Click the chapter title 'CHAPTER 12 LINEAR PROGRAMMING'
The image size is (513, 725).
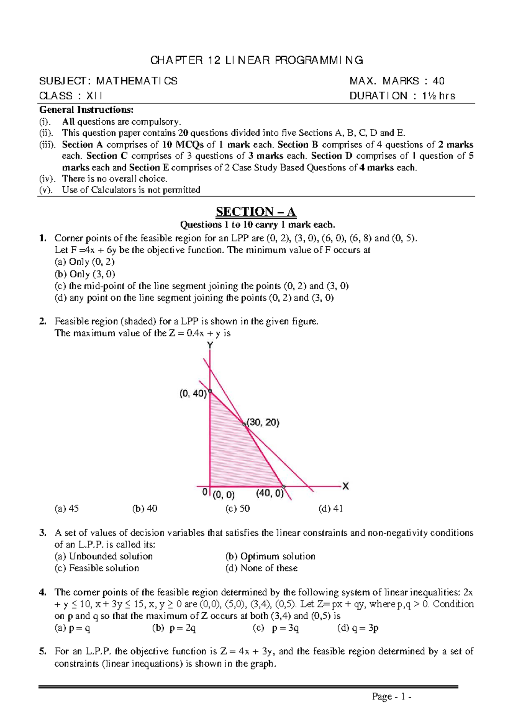click(256, 60)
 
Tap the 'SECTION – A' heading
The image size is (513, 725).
click(256, 212)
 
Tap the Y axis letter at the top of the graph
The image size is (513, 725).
click(210, 345)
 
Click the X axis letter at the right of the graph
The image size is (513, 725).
click(345, 486)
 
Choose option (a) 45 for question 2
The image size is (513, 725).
click(67, 509)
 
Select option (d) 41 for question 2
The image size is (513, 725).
click(330, 509)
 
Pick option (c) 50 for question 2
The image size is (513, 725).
click(238, 509)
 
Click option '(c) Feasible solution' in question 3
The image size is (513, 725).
click(97, 568)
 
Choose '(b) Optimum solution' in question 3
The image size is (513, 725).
click(270, 556)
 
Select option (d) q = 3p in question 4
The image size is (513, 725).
click(358, 628)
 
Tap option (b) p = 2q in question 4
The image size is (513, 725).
click(174, 628)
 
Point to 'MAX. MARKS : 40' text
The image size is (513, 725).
click(397, 81)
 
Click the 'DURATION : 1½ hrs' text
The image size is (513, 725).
click(402, 96)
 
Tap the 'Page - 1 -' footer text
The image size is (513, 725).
click(392, 697)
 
